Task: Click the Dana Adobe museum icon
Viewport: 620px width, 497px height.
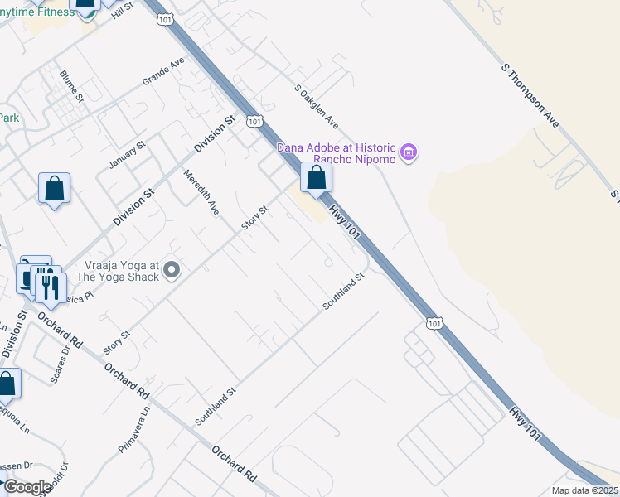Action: coord(408,152)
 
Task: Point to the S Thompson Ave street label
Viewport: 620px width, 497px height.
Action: coord(530,96)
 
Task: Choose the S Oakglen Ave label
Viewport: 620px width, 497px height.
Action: coord(317,106)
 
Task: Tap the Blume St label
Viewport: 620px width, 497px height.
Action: coord(72,86)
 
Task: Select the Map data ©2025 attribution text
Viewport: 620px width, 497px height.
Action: coord(584,490)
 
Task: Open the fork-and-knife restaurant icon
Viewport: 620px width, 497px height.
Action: coord(50,287)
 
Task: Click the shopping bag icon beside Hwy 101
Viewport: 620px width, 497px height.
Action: coord(316,176)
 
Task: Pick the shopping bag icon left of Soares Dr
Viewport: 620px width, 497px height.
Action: coord(7,384)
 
